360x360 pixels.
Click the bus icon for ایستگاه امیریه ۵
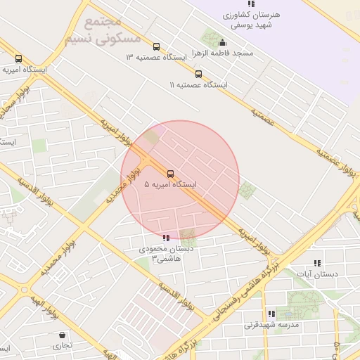pos(170,174)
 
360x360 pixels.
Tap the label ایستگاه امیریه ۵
pos(170,184)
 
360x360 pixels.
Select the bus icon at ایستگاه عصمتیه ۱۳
pos(156,47)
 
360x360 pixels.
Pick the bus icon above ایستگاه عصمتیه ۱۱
pos(198,74)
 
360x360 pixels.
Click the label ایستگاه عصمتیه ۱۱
pos(199,84)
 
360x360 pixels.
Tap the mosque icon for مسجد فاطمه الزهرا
pos(223,43)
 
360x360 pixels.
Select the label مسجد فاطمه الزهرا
pos(226,53)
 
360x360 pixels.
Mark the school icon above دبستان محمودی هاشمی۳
pos(166,238)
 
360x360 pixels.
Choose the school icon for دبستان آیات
pos(317,263)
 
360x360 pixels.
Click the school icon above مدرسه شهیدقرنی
pos(271,314)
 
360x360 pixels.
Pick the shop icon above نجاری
pos(63,335)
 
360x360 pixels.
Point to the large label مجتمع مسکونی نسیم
pos(103,30)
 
